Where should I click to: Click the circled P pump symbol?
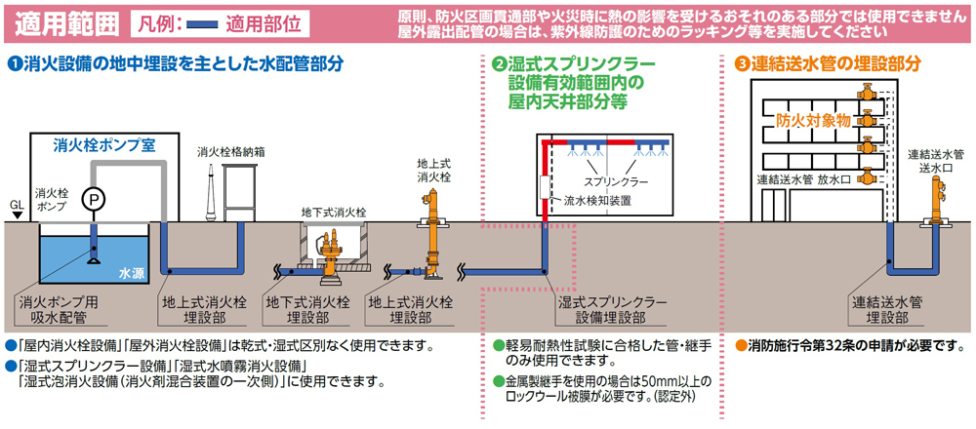93,197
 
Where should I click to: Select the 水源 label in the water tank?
131,274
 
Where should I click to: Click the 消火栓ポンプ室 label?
105,144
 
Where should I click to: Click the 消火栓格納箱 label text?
230,152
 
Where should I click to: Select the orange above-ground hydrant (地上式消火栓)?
434,229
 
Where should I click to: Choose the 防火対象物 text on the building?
815,121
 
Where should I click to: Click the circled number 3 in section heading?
742,64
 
